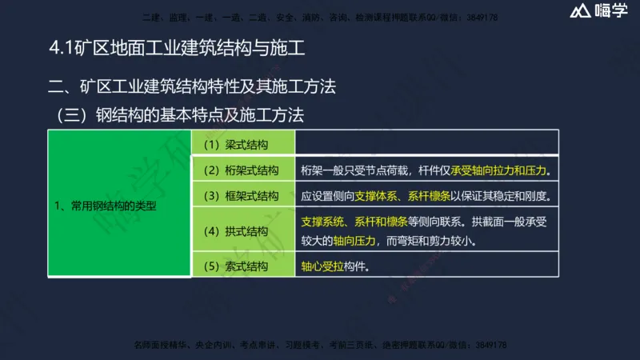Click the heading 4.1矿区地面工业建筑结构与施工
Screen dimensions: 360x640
click(177, 49)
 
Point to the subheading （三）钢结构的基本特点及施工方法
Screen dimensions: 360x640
click(180, 114)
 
